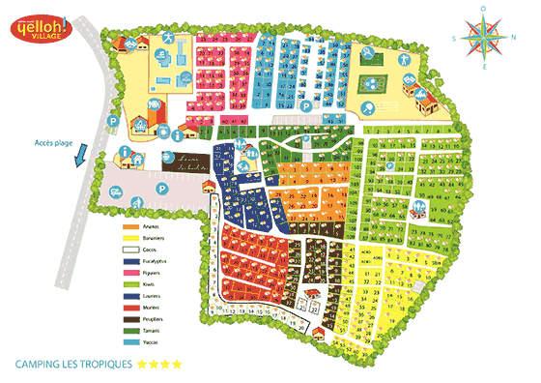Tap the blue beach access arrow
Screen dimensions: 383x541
tap(84, 155)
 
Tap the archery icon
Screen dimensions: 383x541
tap(168, 39)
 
